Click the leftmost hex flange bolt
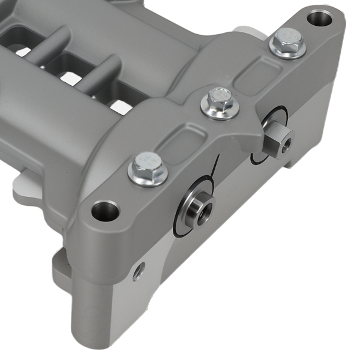(148, 167)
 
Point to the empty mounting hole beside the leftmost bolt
(106, 210)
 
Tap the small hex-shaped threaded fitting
(278, 140)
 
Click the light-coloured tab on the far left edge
(21, 191)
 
